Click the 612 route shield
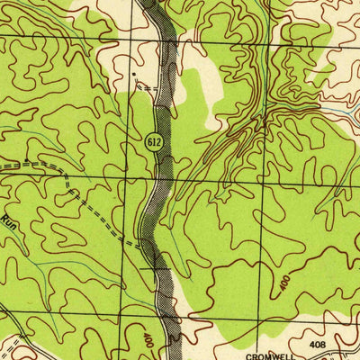pos(155,141)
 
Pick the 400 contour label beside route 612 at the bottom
pos(147,340)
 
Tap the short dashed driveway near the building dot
pos(148,88)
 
